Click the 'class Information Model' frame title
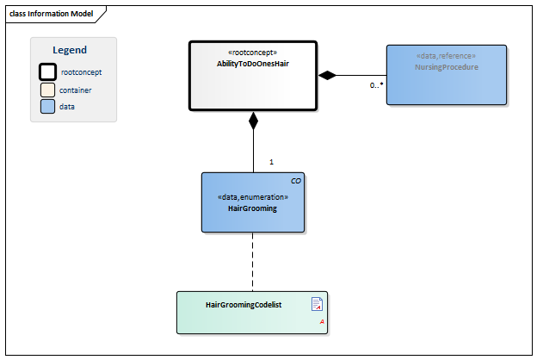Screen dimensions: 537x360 pos(52,14)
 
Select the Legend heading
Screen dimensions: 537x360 pos(70,50)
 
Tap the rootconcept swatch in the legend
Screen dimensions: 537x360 pos(47,72)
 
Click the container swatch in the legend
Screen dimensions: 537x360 pos(47,90)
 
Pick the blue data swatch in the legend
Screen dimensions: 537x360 pos(47,106)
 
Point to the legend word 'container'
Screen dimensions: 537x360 pos(76,90)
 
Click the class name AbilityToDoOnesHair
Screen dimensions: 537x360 pos(253,64)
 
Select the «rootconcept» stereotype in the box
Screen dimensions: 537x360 pos(253,53)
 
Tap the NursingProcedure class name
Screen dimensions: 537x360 pos(447,67)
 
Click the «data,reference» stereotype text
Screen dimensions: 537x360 pos(447,56)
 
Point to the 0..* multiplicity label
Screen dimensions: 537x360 pos(376,85)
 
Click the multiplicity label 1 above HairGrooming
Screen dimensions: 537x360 pos(272,162)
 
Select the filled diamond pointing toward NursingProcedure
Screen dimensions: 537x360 pos(327,75)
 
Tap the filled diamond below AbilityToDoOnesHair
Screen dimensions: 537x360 pos(253,121)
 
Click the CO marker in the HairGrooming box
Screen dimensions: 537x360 pos(296,181)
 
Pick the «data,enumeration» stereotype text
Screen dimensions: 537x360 pos(253,197)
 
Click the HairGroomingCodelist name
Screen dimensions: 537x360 pos(244,305)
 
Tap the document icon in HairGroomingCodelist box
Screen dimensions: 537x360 pos(317,304)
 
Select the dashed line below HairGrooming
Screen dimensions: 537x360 pos(253,262)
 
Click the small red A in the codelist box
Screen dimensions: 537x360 pos(322,321)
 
